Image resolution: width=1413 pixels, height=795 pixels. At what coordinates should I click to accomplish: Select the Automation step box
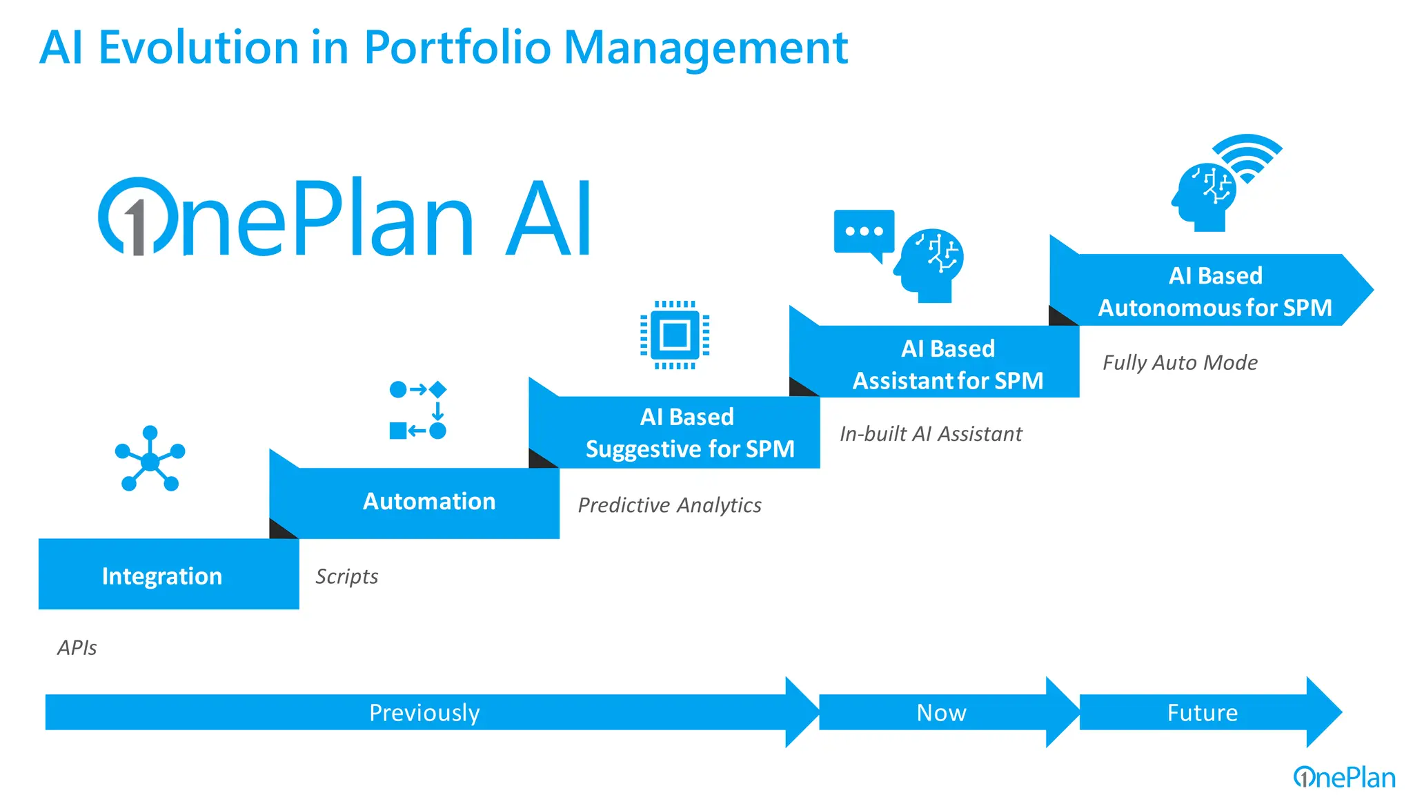[x=428, y=502]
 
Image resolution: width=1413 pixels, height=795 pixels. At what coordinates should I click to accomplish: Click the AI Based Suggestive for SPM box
[x=689, y=433]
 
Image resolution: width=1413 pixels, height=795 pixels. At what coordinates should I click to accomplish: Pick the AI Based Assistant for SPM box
[x=947, y=364]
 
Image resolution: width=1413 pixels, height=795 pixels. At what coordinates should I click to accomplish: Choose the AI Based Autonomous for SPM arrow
[x=1214, y=291]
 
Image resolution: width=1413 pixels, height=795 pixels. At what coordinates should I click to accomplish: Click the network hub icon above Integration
[x=150, y=460]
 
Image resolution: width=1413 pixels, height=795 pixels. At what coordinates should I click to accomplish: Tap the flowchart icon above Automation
[x=418, y=410]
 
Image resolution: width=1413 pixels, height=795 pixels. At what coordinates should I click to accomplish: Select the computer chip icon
[x=675, y=335]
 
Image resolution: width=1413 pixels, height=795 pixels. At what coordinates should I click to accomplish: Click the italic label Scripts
[x=346, y=576]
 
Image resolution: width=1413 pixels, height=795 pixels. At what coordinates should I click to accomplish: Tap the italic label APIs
[x=77, y=647]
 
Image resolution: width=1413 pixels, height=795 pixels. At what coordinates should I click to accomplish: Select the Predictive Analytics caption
[x=669, y=505]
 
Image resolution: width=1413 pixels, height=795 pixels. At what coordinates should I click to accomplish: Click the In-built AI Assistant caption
[x=930, y=434]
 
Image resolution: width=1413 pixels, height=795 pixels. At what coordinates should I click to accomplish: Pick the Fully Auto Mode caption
[x=1179, y=362]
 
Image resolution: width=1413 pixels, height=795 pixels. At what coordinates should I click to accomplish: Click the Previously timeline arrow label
[x=424, y=712]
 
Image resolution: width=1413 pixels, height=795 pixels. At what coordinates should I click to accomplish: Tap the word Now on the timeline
[x=941, y=712]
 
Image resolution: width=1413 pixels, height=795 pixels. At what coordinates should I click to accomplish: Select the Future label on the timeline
[x=1202, y=712]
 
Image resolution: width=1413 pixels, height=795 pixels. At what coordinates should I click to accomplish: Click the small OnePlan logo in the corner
[x=1343, y=778]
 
